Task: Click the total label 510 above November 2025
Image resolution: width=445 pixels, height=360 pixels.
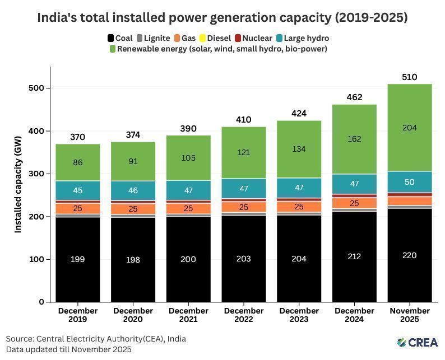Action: tap(410, 77)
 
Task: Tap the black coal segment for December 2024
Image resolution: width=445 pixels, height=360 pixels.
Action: tap(354, 256)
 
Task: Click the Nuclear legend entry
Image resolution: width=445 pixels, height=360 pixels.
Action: tap(253, 38)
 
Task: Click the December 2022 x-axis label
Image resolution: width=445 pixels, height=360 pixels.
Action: tap(243, 315)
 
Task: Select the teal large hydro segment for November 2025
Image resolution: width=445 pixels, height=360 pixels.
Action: tap(410, 182)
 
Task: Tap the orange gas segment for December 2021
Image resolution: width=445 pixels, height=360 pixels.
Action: tap(188, 208)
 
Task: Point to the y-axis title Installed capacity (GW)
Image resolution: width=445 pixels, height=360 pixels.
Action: tap(18, 185)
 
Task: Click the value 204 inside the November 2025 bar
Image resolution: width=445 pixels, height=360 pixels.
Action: tap(410, 128)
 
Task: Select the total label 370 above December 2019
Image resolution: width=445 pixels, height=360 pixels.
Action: tap(77, 137)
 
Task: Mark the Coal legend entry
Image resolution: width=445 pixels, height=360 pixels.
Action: tap(119, 38)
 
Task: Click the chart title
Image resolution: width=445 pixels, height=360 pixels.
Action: tap(222, 17)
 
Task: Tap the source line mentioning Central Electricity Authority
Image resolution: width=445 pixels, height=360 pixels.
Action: tap(96, 339)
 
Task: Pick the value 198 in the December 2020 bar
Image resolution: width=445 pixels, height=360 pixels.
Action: tap(133, 260)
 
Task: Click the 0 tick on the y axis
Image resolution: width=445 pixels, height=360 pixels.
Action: tap(41, 302)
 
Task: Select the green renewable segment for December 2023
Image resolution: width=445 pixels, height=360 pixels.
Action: tap(299, 149)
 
